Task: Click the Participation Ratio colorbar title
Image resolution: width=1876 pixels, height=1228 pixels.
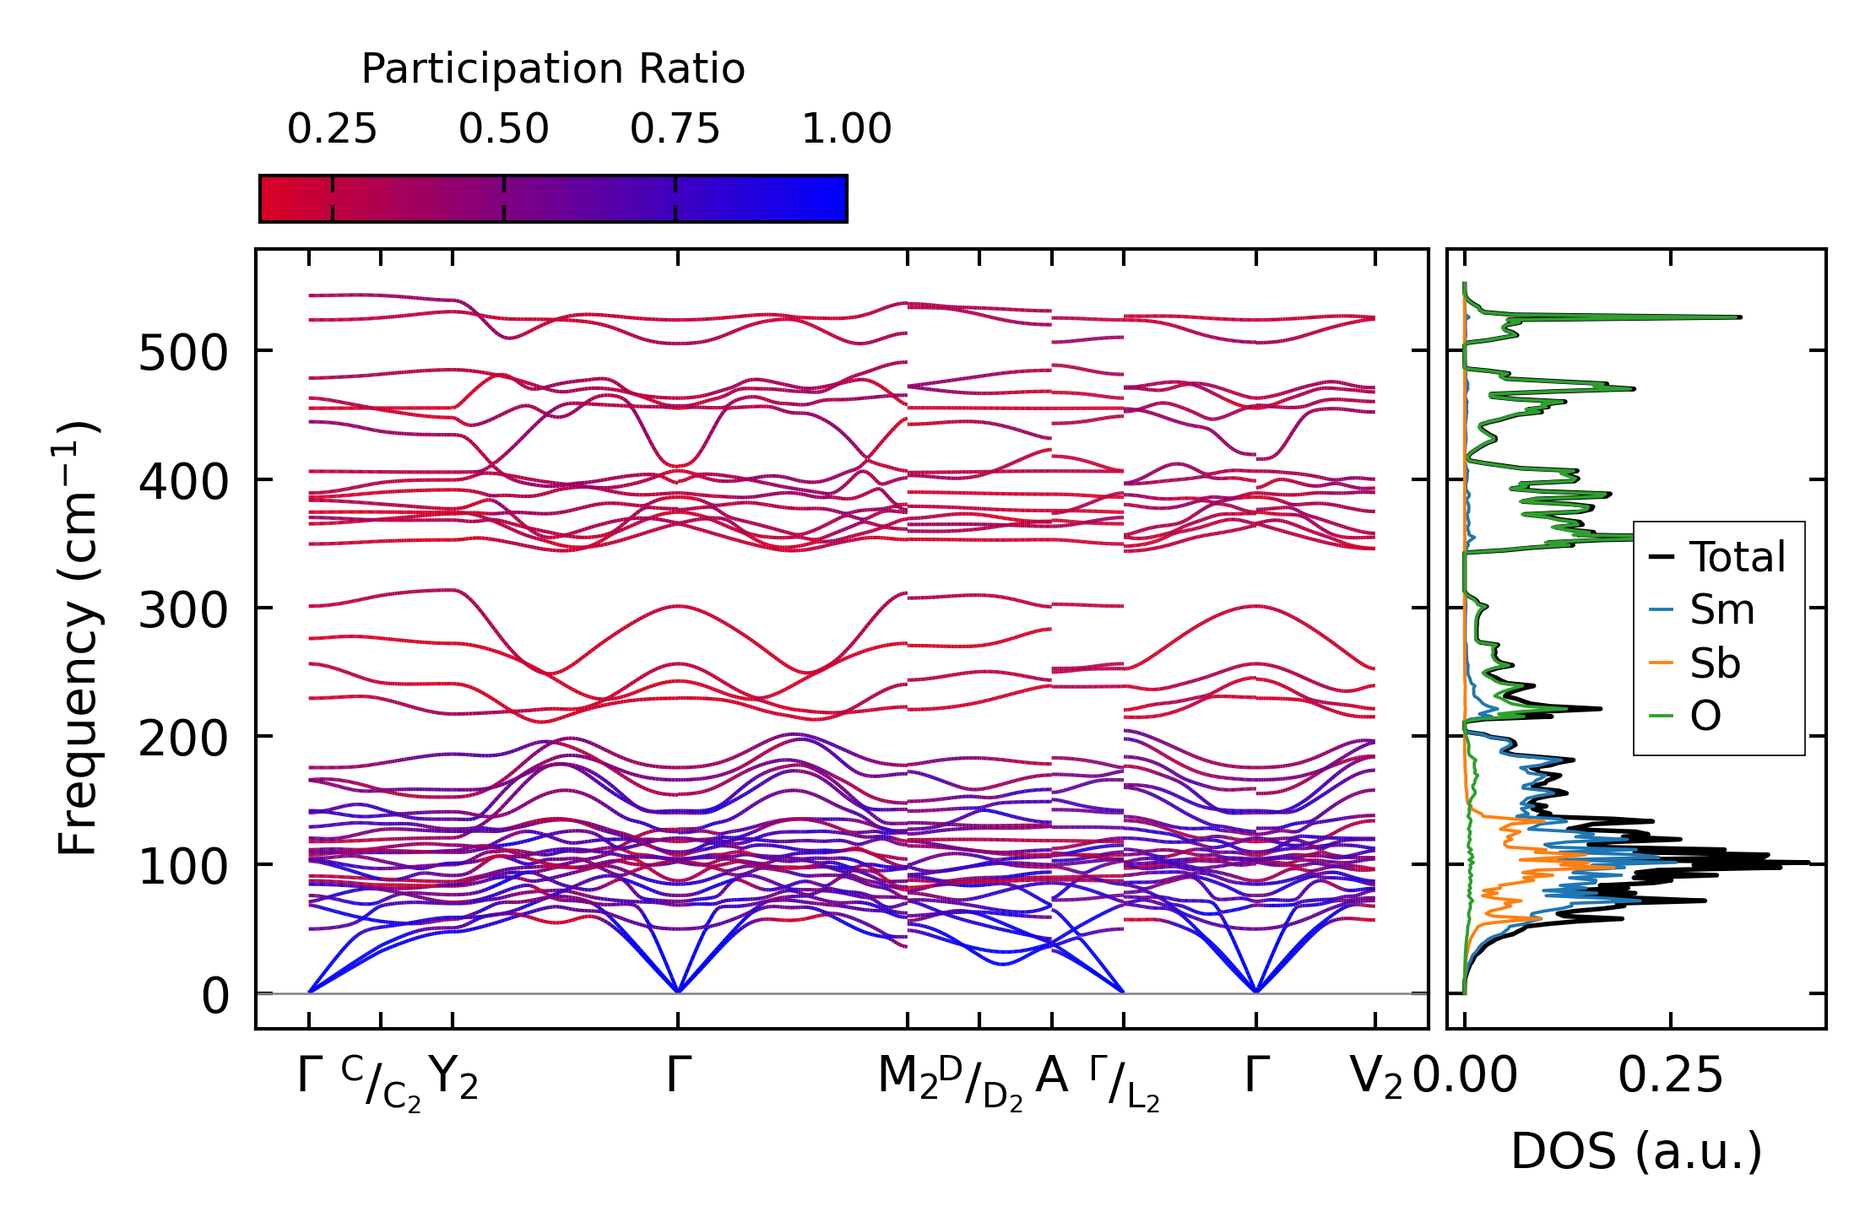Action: tap(553, 69)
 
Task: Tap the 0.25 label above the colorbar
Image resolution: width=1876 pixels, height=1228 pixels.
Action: tap(332, 130)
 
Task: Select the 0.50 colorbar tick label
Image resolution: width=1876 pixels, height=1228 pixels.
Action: tap(504, 130)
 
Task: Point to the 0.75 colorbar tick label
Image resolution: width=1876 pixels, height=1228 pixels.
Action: tap(675, 130)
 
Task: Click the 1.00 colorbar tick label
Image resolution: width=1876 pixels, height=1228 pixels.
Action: tap(846, 130)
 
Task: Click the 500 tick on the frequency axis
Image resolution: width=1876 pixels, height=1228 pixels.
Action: tap(183, 353)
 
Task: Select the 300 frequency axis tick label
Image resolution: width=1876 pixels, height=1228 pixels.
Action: tap(183, 610)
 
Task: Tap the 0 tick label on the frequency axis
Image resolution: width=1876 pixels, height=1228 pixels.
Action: tap(215, 996)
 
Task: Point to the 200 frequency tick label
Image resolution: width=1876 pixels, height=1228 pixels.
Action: tap(183, 739)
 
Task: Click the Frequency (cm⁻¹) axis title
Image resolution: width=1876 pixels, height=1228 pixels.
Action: tap(78, 638)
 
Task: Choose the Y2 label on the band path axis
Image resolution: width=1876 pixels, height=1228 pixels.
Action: tap(453, 1078)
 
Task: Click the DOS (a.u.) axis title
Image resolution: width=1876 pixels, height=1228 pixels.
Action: tap(1636, 1152)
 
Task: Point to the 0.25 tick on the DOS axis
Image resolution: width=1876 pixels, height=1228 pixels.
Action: tap(1670, 1076)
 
